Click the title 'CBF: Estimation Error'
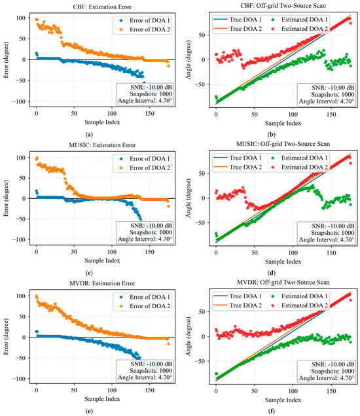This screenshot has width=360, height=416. pyautogui.click(x=102, y=7)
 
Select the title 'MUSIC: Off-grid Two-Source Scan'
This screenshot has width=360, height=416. pyautogui.click(x=283, y=144)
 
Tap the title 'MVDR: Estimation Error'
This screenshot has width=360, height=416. pyautogui.click(x=102, y=283)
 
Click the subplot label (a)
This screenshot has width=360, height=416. pyautogui.click(x=90, y=135)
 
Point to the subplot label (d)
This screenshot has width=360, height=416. pyautogui.click(x=272, y=273)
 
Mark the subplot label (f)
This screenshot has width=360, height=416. pyautogui.click(x=272, y=411)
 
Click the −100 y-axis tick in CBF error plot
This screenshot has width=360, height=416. pyautogui.click(x=19, y=101)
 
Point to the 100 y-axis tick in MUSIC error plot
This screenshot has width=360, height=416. pyautogui.click(x=21, y=158)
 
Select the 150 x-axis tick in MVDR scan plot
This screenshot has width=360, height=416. pyautogui.click(x=331, y=390)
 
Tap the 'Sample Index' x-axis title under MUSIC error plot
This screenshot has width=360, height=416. pyautogui.click(x=102, y=260)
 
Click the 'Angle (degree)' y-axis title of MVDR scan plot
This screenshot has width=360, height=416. pyautogui.click(x=189, y=336)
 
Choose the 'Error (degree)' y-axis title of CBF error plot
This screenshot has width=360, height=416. pyautogui.click(x=6, y=60)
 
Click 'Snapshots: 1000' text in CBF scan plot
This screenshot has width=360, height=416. pyautogui.click(x=333, y=94)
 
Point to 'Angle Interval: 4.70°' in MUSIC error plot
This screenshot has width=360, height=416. pyautogui.click(x=145, y=239)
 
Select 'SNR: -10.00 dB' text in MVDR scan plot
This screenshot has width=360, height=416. pyautogui.click(x=333, y=364)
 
